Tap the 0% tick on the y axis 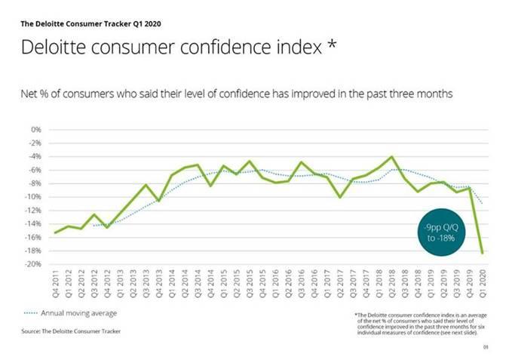(35, 130)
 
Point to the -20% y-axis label (33, 264)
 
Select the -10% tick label (33, 197)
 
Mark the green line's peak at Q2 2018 (392, 157)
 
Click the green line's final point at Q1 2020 (483, 253)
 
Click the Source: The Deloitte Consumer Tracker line (72, 331)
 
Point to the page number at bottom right (486, 348)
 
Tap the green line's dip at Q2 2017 (340, 198)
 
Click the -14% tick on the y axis (33, 224)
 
